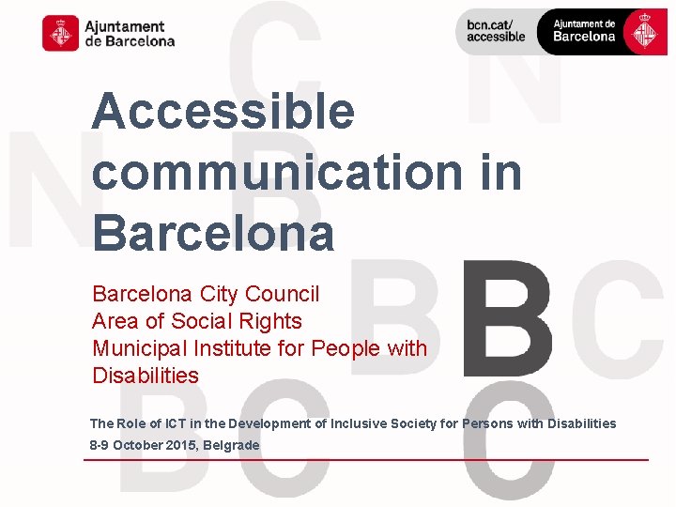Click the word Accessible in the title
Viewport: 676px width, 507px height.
point(223,113)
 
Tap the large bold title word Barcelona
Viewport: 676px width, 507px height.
point(213,233)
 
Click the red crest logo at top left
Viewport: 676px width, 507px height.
point(60,33)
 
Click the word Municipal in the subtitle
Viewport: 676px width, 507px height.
point(139,348)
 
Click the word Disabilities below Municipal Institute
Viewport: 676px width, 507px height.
point(146,376)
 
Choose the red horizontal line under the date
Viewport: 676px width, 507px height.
point(366,460)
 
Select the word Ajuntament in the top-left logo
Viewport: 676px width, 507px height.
point(124,26)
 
